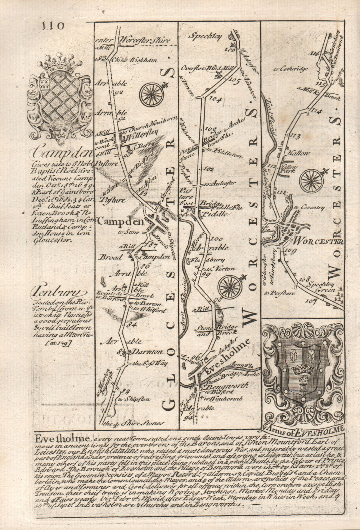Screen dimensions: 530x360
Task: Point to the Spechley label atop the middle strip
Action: [x=204, y=36]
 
